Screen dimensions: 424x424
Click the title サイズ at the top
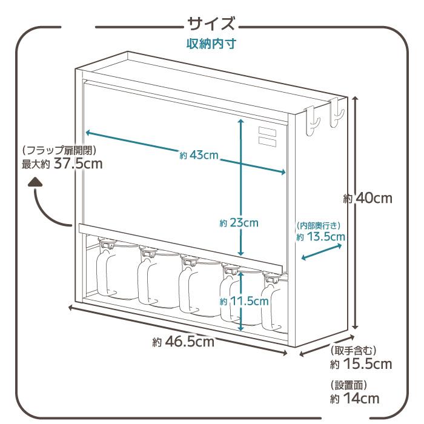click(x=211, y=25)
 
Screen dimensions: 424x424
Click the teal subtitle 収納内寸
click(x=211, y=44)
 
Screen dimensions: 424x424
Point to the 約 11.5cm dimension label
click(x=244, y=301)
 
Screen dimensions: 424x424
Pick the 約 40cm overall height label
click(x=367, y=198)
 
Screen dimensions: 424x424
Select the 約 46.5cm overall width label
click(x=183, y=342)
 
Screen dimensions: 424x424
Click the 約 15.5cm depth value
click(x=360, y=364)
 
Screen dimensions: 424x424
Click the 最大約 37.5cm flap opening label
click(x=62, y=164)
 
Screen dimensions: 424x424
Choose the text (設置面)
click(x=349, y=385)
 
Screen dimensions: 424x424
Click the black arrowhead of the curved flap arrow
click(x=36, y=181)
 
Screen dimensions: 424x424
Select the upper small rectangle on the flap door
click(x=267, y=130)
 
